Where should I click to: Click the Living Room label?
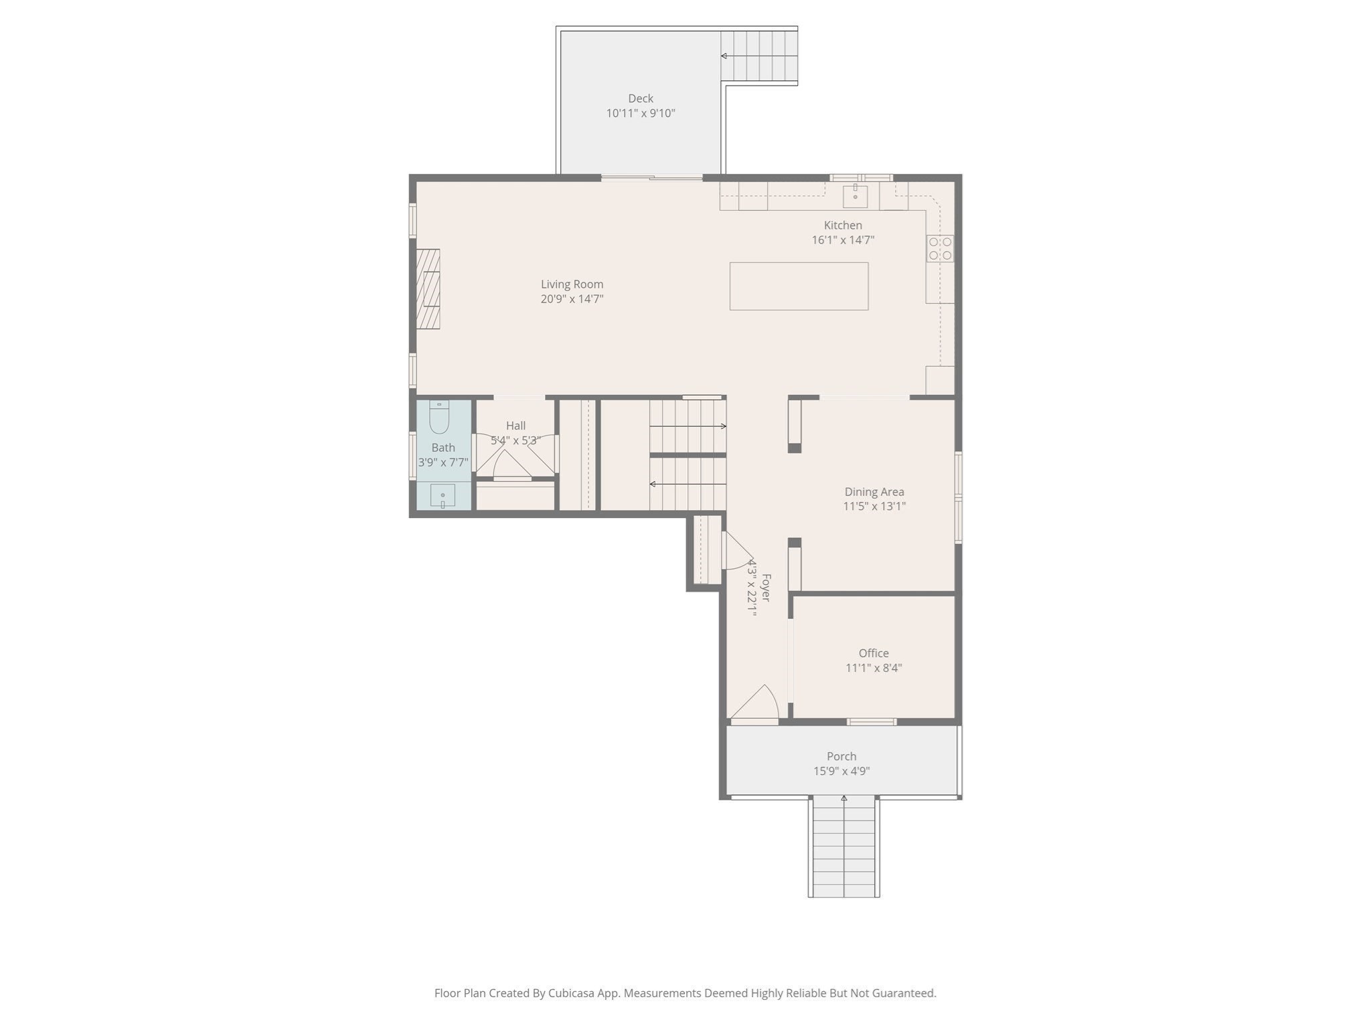tap(572, 284)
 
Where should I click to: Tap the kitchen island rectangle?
tap(799, 286)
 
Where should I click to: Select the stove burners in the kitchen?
tap(940, 248)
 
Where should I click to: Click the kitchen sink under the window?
tap(855, 197)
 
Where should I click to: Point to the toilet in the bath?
tap(439, 418)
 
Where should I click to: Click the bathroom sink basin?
tap(442, 496)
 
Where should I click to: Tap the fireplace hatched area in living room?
tap(428, 289)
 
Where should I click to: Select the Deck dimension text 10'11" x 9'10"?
tap(641, 113)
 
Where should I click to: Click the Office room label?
tap(874, 653)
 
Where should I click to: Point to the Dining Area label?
tap(874, 492)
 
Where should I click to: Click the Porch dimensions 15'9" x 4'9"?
tap(841, 771)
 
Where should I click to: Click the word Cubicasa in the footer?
tap(572, 993)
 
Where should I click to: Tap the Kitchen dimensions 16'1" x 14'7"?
tap(843, 240)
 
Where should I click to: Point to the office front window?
tap(872, 721)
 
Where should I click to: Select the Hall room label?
tap(515, 426)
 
